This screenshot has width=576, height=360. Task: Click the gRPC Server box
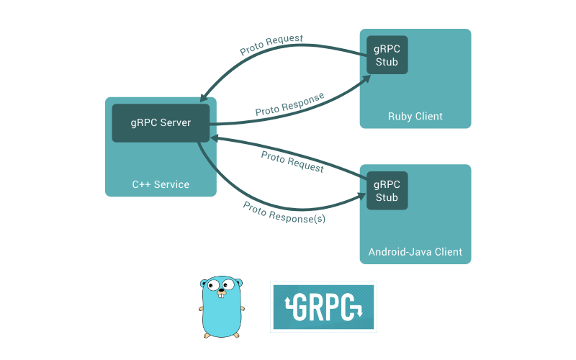point(161,123)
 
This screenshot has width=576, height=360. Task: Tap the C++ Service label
point(161,184)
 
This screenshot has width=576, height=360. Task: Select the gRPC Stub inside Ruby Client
point(387,55)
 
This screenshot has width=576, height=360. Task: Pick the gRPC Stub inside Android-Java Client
point(387,190)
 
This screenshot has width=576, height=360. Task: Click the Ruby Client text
point(415,117)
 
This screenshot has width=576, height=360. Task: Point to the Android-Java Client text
point(415,252)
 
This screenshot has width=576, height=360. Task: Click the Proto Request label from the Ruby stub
point(271,45)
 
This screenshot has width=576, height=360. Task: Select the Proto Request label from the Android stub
point(292,162)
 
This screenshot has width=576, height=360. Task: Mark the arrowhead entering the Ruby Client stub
point(362,79)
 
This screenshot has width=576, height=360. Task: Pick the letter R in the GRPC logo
point(316,307)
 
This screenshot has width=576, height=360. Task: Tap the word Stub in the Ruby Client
point(387,61)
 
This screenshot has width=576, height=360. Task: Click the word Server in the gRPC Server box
point(176,123)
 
